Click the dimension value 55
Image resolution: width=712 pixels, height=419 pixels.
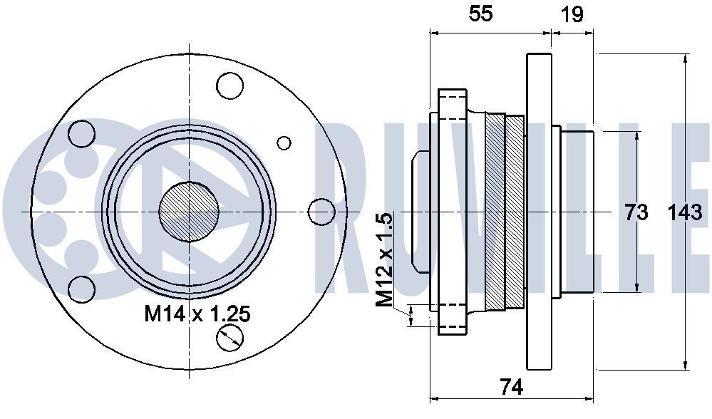tap(480, 14)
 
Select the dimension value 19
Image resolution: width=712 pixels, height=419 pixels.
tap(572, 14)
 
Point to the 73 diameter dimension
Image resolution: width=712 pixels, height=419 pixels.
tap(636, 212)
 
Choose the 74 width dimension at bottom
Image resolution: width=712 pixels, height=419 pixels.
tap(511, 387)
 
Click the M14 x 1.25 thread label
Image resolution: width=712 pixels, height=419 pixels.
tap(197, 314)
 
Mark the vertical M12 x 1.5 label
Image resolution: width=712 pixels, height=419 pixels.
tap(385, 260)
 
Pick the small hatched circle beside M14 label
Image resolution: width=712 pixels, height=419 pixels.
tap(230, 338)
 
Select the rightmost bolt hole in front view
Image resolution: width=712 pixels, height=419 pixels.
tap(322, 212)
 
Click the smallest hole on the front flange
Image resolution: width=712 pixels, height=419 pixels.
tap(284, 143)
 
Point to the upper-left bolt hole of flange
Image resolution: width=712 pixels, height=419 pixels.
tap(82, 133)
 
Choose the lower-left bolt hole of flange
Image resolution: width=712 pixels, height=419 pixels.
tap(82, 289)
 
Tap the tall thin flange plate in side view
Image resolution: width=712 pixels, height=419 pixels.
tap(540, 212)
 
